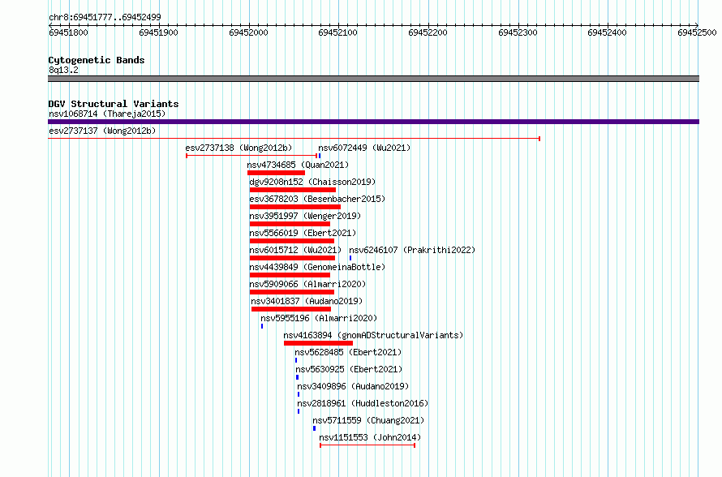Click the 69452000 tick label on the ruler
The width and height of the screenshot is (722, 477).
coord(248,32)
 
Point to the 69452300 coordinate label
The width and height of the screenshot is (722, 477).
coord(518,32)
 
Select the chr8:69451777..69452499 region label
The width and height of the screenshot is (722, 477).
coord(105,18)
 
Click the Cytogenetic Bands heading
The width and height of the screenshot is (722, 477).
coord(97,60)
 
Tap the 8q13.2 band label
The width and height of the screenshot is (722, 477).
coord(63,70)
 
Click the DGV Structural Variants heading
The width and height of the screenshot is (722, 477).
coord(114,104)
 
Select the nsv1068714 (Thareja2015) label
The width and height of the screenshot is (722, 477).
coord(107,114)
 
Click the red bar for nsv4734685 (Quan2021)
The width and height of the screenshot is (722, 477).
coord(276,173)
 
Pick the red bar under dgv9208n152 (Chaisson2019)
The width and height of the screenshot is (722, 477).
coord(293,190)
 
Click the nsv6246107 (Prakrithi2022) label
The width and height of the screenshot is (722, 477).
coord(412,250)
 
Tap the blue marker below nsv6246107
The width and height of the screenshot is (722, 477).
coord(350,258)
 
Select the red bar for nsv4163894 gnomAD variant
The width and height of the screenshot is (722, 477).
coord(318,343)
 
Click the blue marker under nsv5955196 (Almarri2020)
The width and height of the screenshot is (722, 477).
coord(262,326)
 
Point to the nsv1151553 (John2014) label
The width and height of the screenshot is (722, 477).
coord(370,437)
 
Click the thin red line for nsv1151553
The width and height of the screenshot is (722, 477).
coord(367,445)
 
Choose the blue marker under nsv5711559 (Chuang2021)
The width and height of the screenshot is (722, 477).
coord(315,428)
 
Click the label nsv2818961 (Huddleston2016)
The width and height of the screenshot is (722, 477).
coord(363,403)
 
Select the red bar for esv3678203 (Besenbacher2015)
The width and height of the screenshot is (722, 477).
coord(295,207)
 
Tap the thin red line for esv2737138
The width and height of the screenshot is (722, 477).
coord(251,156)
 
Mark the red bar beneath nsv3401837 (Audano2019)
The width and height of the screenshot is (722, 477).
coord(291,309)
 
